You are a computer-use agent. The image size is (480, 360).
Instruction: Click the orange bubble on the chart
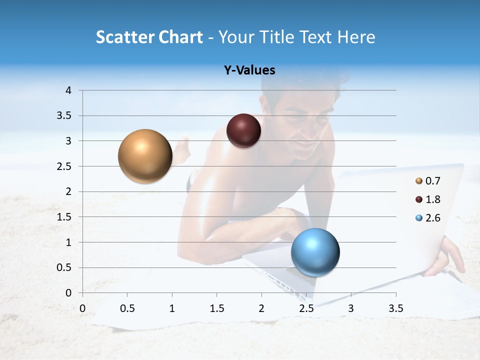(x=145, y=156)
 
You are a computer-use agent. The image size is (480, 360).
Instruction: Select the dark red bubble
(x=243, y=131)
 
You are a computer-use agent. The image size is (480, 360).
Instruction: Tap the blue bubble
(x=315, y=252)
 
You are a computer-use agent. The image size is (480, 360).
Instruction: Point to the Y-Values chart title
(x=249, y=70)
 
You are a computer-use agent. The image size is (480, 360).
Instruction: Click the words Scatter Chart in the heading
(x=149, y=37)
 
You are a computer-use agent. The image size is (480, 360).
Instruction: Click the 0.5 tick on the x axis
(x=127, y=308)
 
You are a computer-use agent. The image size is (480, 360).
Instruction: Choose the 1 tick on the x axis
(x=172, y=308)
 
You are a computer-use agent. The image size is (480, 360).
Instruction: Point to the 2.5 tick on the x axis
(x=306, y=308)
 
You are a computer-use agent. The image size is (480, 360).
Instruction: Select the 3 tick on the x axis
(x=351, y=308)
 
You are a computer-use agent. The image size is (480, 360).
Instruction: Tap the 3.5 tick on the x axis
(x=395, y=308)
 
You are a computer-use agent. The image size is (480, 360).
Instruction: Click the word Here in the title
(x=355, y=37)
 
